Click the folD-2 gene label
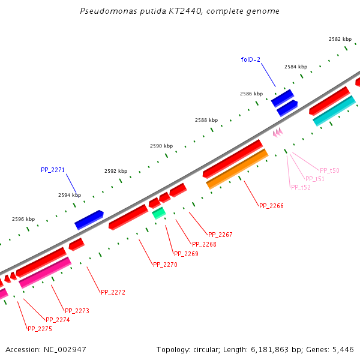(x=250, y=59)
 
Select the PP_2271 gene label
(x=53, y=170)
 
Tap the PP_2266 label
(x=271, y=206)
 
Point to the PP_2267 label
(x=220, y=235)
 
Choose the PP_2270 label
(x=165, y=265)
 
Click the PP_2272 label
(x=113, y=292)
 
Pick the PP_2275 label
(x=40, y=329)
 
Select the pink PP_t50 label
(x=329, y=170)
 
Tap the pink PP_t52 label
(x=301, y=187)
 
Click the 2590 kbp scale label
(x=161, y=146)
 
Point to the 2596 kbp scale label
(x=23, y=219)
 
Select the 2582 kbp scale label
(x=340, y=39)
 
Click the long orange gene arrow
(x=237, y=169)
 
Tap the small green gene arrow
(x=158, y=212)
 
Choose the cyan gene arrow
(x=334, y=111)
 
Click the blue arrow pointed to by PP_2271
(x=89, y=220)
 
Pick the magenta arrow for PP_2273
(x=45, y=272)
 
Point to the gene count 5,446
(x=342, y=349)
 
